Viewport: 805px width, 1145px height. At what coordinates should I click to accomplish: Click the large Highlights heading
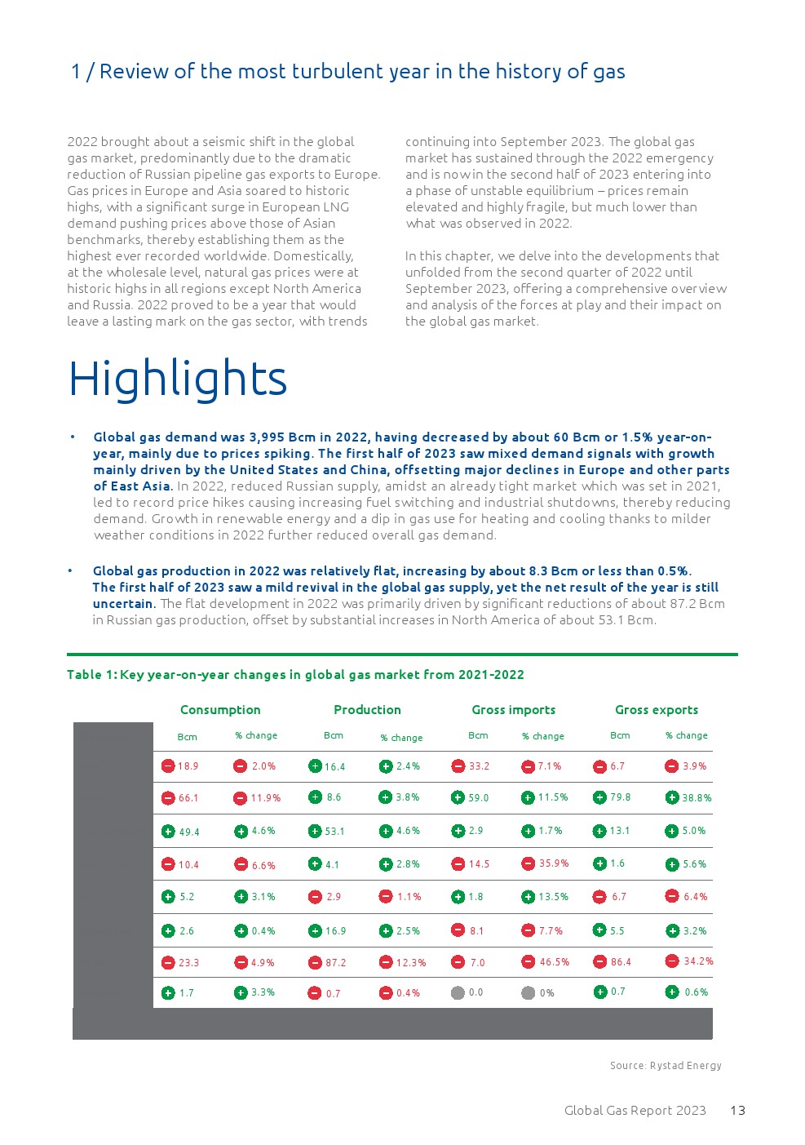pyautogui.click(x=178, y=379)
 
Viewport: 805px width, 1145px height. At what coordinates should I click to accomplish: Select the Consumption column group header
pyautogui.click(x=220, y=710)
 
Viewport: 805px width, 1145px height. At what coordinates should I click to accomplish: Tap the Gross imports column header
pyautogui.click(x=513, y=710)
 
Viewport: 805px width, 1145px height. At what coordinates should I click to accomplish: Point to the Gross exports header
pyautogui.click(x=656, y=710)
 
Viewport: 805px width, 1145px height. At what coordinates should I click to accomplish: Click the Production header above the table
pyautogui.click(x=367, y=710)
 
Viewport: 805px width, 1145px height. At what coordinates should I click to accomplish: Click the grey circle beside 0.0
pyautogui.click(x=458, y=993)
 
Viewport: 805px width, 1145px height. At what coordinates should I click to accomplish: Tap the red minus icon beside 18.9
pyautogui.click(x=168, y=766)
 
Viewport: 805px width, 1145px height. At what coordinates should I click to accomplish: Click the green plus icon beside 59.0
pyautogui.click(x=458, y=797)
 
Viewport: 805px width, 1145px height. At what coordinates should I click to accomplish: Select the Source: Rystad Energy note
pyautogui.click(x=666, y=1065)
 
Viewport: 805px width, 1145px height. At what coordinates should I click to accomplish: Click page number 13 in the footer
pyautogui.click(x=737, y=1110)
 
